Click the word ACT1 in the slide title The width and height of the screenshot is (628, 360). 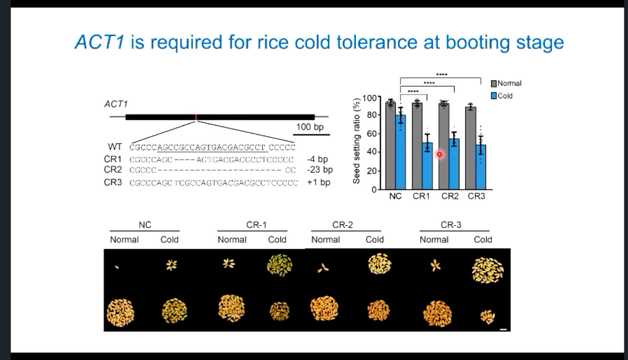tap(100, 42)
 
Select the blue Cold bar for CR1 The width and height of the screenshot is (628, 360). tap(427, 168)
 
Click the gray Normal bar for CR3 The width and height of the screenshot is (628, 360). tap(471, 150)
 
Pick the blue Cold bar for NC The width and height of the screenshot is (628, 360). tap(401, 154)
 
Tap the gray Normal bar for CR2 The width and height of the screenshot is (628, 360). tap(444, 147)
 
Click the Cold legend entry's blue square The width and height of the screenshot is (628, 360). tap(494, 96)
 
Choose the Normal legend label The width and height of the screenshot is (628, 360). tap(509, 84)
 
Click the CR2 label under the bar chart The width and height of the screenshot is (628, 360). tap(450, 196)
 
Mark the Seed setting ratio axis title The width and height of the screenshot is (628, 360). tap(356, 141)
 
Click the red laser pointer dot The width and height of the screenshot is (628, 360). tap(439, 154)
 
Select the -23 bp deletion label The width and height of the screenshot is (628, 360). tap(320, 170)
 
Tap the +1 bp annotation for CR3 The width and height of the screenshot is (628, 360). tap(318, 182)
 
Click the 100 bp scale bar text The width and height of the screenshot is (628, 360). tap(310, 127)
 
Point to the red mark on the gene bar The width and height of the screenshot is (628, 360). tap(196, 117)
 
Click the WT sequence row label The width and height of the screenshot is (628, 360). tap(115, 147)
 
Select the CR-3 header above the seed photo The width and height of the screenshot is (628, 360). tap(451, 225)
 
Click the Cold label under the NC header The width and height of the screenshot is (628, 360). tap(169, 240)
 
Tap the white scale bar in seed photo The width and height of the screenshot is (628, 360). tap(503, 329)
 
